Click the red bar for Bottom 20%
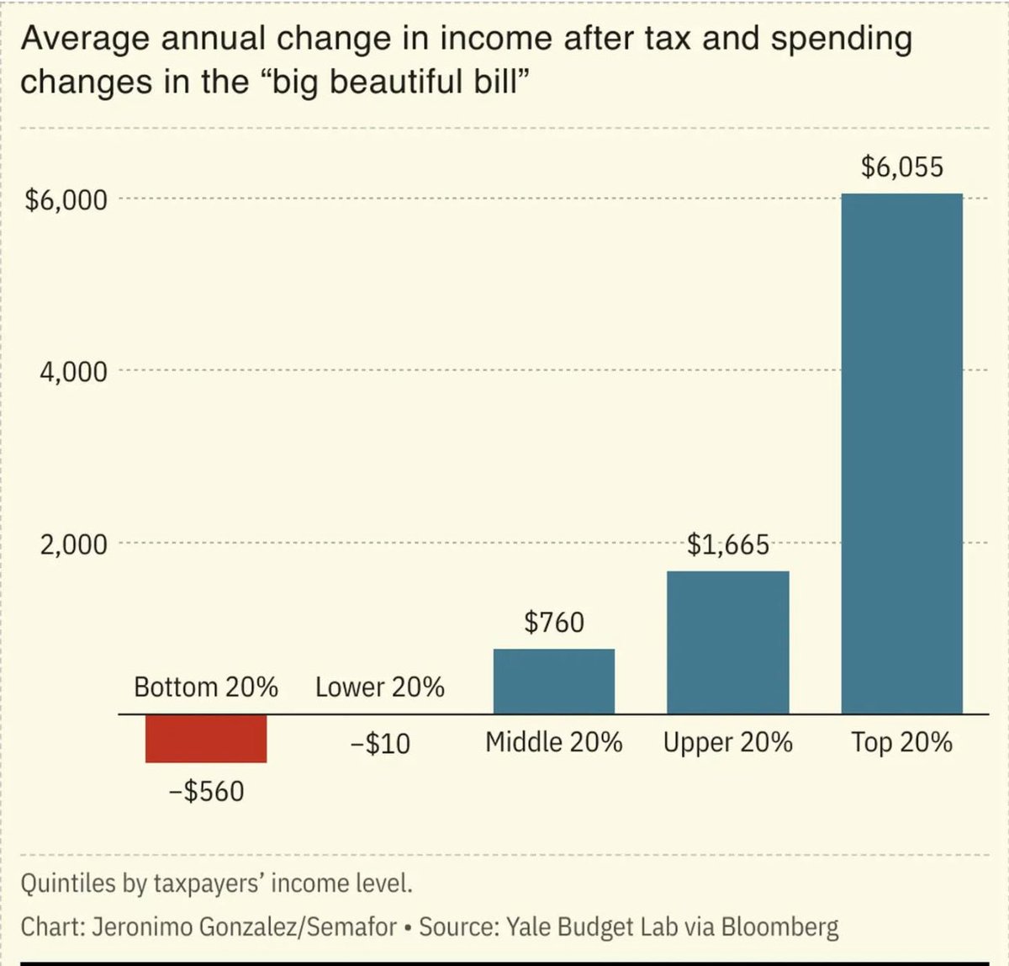pyautogui.click(x=206, y=738)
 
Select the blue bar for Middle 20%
pyautogui.click(x=553, y=681)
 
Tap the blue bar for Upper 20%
pyautogui.click(x=727, y=642)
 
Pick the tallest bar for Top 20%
pyautogui.click(x=901, y=454)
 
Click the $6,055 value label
pyautogui.click(x=901, y=167)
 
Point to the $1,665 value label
pyautogui.click(x=727, y=545)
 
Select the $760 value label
pyautogui.click(x=553, y=623)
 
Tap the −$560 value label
pyautogui.click(x=206, y=792)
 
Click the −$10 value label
pyautogui.click(x=379, y=744)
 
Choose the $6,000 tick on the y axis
pyautogui.click(x=66, y=200)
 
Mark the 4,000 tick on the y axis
pyautogui.click(x=73, y=372)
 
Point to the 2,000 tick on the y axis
pyautogui.click(x=73, y=544)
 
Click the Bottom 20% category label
pyautogui.click(x=206, y=687)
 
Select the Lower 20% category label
pyautogui.click(x=379, y=687)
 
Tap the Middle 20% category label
pyautogui.click(x=553, y=742)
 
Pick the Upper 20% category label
pyautogui.click(x=727, y=742)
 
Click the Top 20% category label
pyautogui.click(x=901, y=742)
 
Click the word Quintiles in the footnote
pyautogui.click(x=63, y=884)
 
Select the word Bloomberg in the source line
pyautogui.click(x=779, y=927)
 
